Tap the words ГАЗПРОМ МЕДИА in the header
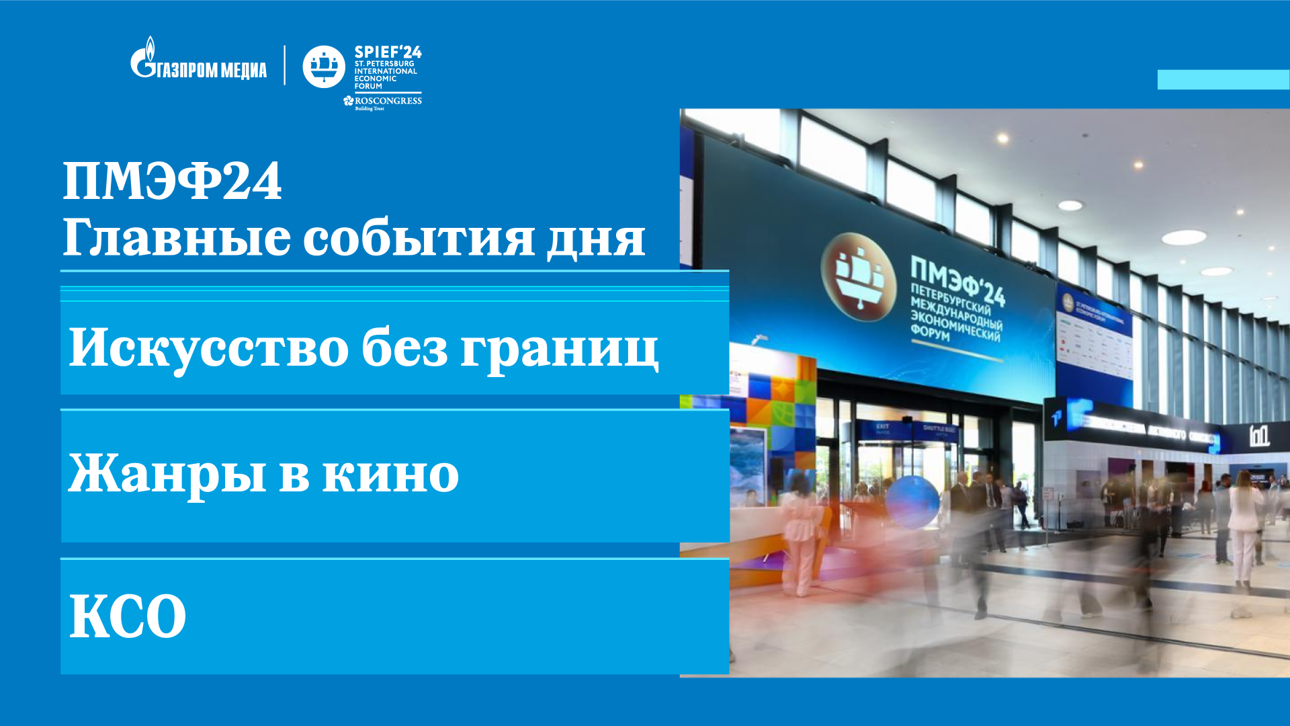click(212, 70)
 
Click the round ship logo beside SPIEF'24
click(324, 67)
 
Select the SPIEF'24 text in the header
click(388, 52)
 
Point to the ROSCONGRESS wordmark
click(388, 101)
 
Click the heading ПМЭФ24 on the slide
click(172, 181)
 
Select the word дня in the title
click(595, 239)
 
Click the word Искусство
click(208, 348)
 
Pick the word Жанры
click(167, 473)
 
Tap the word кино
click(390, 475)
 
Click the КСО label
click(128, 616)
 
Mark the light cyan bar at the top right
click(1223, 79)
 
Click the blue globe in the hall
click(912, 502)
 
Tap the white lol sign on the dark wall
click(1259, 436)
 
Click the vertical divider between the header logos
click(285, 65)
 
